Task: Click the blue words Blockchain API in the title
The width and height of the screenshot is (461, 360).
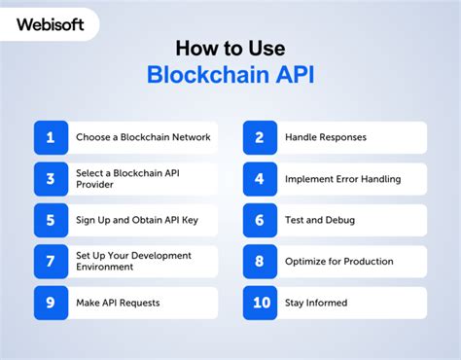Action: [230, 77]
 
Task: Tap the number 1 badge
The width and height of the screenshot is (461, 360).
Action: [51, 137]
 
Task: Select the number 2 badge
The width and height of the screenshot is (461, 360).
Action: [260, 137]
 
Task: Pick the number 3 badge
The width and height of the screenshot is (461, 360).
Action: [51, 179]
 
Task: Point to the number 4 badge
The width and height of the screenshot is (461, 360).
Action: [260, 179]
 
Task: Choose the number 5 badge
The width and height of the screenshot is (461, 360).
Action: [51, 220]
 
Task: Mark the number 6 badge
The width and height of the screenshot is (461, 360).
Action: [260, 220]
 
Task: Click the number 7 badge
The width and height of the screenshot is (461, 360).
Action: [51, 262]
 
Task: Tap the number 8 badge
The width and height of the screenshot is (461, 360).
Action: [260, 262]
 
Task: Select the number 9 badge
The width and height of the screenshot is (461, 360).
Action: [51, 303]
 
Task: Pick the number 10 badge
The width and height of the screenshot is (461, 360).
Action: [260, 303]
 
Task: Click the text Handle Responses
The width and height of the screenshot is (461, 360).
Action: [326, 137]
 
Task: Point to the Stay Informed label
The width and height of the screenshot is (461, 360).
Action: [315, 303]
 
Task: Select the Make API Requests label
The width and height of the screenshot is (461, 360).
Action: [118, 303]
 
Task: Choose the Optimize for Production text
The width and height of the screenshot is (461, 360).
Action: [338, 262]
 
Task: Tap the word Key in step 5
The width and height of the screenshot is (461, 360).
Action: [189, 220]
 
